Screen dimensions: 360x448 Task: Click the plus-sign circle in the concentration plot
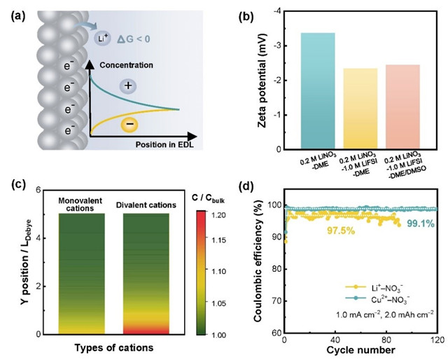click(127, 85)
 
